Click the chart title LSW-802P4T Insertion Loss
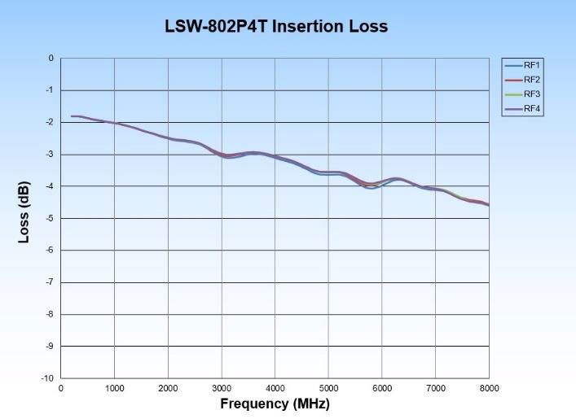click(276, 27)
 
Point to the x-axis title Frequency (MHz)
click(275, 404)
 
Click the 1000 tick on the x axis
click(114, 388)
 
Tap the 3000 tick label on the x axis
click(222, 388)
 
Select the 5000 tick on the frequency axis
click(328, 388)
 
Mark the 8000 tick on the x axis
click(489, 388)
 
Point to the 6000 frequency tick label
click(382, 388)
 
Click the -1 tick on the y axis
click(50, 90)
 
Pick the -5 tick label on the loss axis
click(50, 218)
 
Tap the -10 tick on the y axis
click(47, 378)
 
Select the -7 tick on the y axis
click(50, 282)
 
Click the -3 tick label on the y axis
click(50, 155)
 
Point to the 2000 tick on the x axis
click(168, 388)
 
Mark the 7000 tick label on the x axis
click(436, 388)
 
